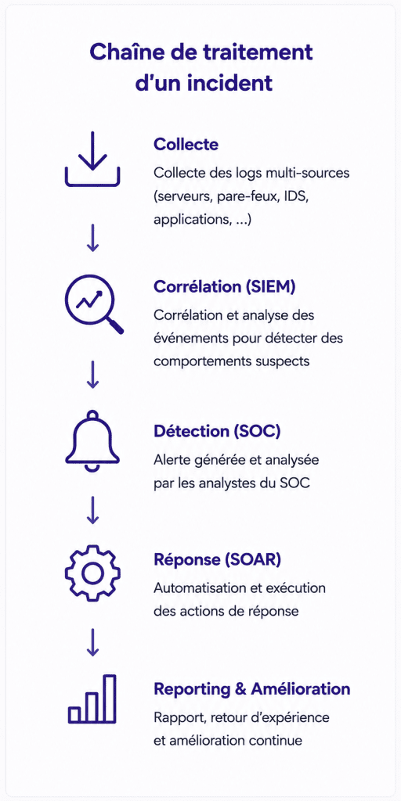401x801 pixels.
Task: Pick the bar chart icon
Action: (x=92, y=699)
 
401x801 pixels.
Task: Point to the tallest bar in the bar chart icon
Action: (x=110, y=699)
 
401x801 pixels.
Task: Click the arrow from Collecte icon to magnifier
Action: (x=92, y=237)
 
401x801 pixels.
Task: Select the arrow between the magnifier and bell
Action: (x=92, y=375)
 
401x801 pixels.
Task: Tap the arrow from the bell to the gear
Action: (x=92, y=510)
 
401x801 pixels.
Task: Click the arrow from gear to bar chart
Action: (x=92, y=642)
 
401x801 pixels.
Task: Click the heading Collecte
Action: (x=186, y=144)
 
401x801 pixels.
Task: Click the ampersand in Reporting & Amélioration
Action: (x=240, y=689)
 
